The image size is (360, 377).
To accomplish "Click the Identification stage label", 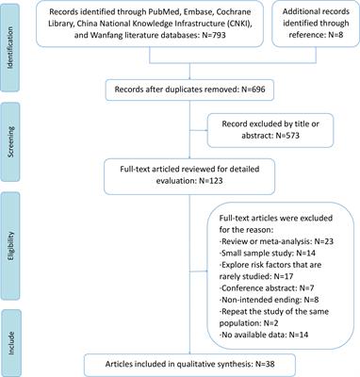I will click(x=11, y=39).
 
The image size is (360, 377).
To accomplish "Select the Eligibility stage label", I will click(x=11, y=234).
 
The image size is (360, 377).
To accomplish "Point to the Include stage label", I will click(x=11, y=330).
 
